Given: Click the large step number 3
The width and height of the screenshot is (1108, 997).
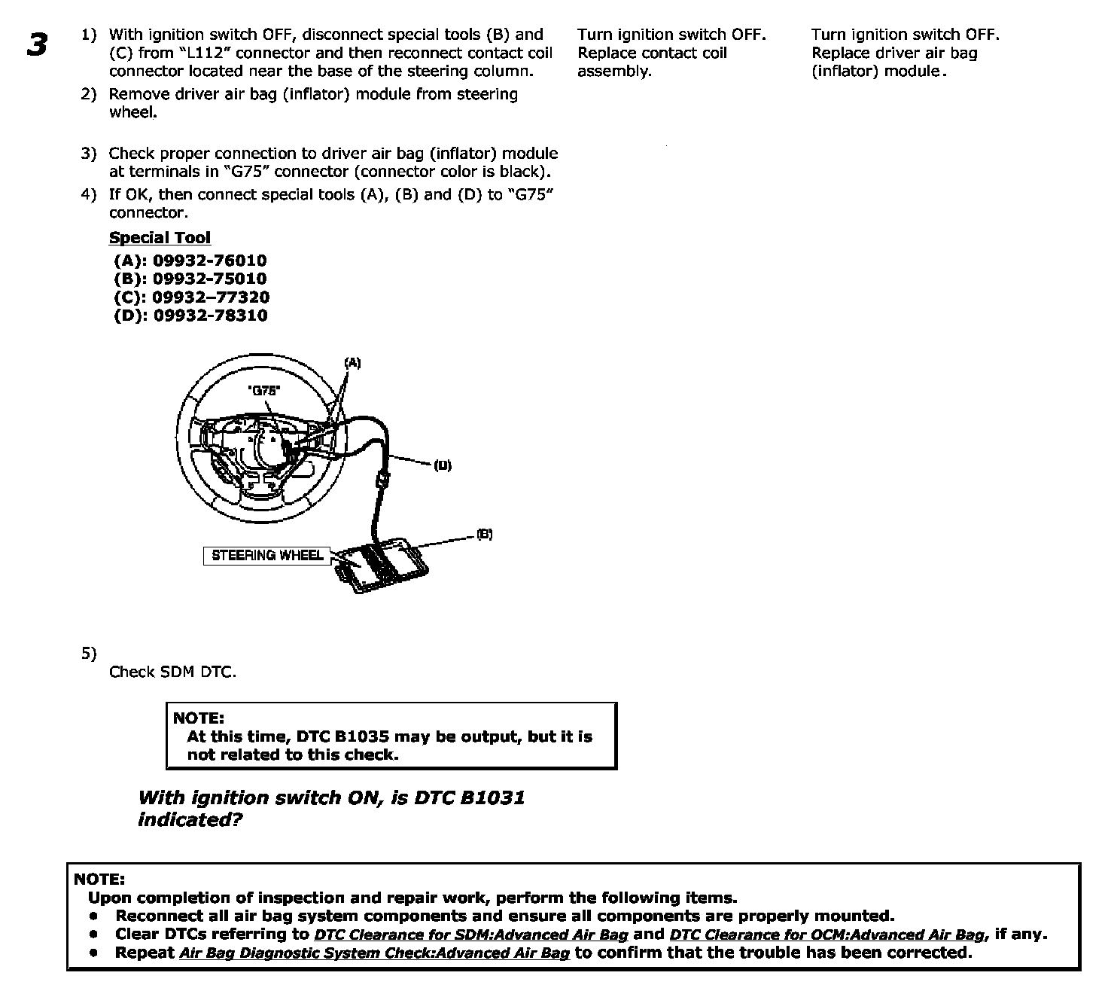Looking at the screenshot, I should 36,44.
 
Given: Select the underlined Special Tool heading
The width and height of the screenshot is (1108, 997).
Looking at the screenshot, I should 160,238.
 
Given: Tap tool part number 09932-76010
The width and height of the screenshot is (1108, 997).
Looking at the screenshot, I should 209,261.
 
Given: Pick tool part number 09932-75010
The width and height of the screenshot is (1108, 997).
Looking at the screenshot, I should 209,279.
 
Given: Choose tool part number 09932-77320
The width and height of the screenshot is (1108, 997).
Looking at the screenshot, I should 210,297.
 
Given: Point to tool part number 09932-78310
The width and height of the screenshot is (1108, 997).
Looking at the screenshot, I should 210,316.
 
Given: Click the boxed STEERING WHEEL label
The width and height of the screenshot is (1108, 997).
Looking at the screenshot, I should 267,556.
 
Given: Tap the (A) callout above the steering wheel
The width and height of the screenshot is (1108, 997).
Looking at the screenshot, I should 352,363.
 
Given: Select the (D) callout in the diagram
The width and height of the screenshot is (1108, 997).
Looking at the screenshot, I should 443,465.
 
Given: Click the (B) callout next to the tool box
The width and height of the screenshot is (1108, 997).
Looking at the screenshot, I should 485,534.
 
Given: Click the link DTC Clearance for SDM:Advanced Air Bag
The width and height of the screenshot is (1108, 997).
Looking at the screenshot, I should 470,934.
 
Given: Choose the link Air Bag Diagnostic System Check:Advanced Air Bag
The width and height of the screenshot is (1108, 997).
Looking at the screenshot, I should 374,953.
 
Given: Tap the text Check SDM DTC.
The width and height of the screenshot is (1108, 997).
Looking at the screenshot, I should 172,672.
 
